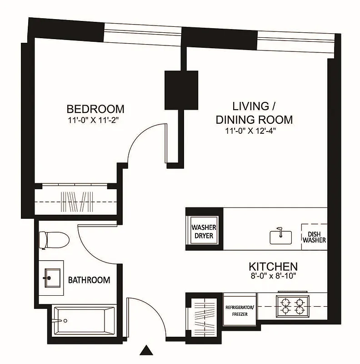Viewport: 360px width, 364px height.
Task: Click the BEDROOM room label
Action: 95,109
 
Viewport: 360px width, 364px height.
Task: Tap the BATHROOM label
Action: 89,280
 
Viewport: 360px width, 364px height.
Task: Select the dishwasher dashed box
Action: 314,236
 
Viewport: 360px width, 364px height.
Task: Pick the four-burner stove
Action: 292,306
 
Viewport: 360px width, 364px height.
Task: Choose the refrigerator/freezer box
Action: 240,310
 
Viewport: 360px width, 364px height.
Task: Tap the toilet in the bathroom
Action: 53,240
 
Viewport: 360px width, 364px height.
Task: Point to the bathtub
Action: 84,320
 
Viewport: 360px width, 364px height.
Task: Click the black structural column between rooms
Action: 181,90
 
